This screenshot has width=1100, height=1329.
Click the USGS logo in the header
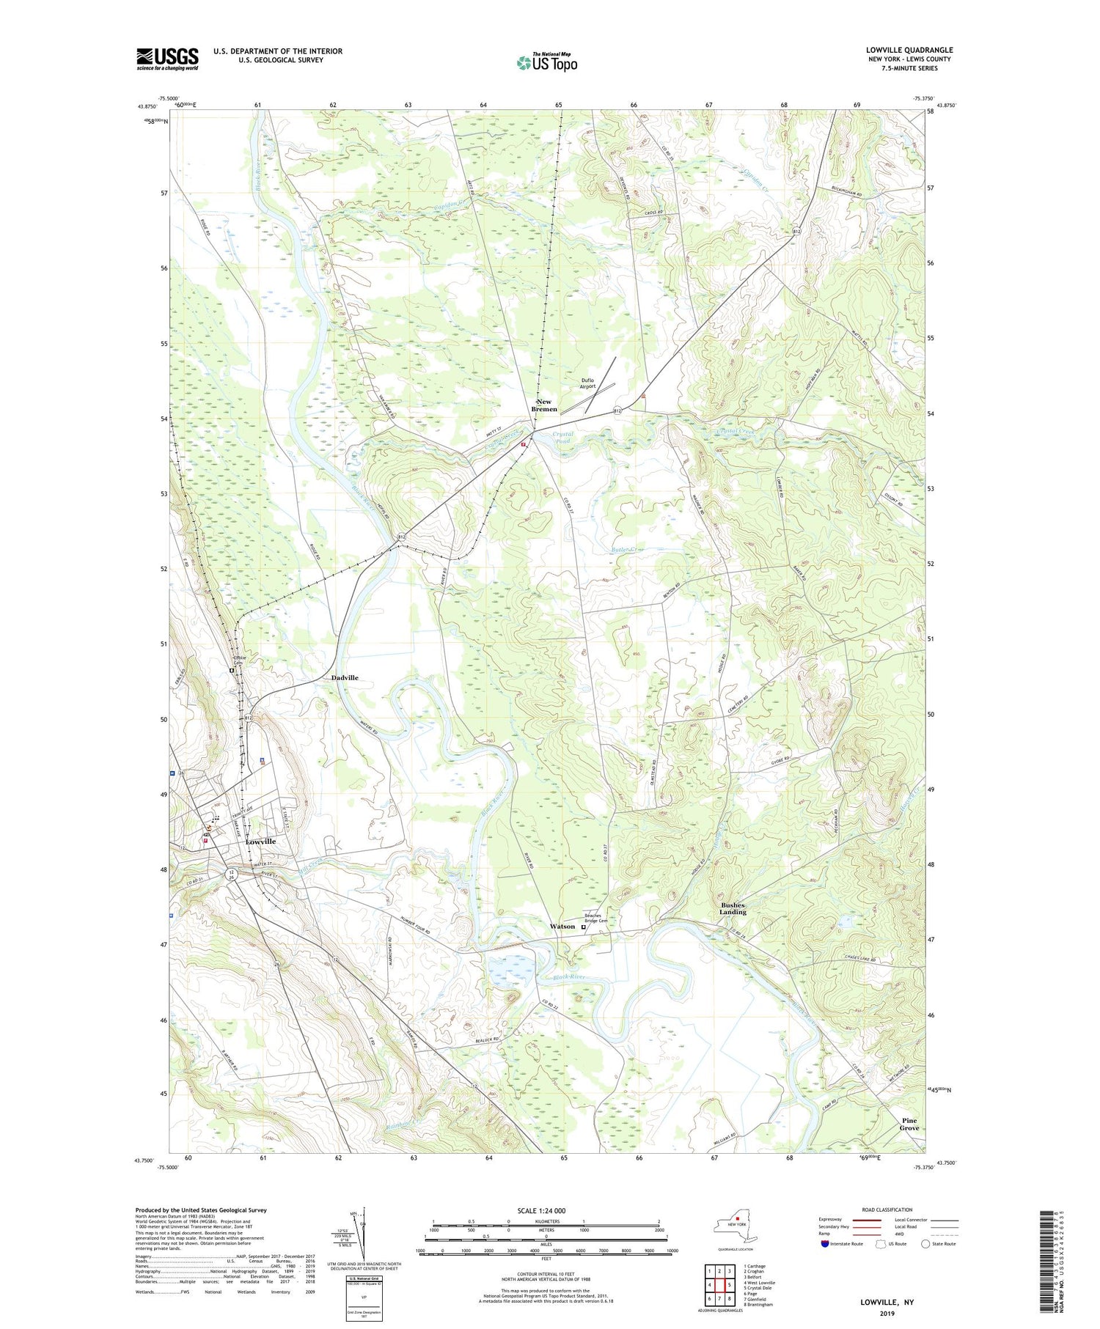pos(167,59)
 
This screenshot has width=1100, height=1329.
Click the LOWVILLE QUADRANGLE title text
pos(909,50)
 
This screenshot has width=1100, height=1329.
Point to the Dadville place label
pos(345,678)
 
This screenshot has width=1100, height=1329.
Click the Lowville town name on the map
pos(261,842)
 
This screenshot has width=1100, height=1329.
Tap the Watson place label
pos(562,927)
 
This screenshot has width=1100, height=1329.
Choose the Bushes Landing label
pos(733,909)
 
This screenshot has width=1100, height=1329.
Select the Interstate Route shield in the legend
pos(826,1244)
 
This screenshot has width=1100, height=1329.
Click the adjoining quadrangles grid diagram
pos(719,1280)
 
